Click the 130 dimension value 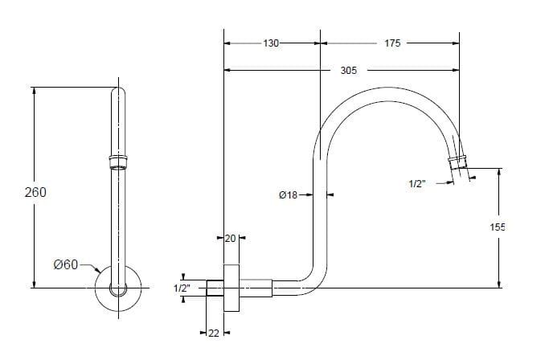[271, 43]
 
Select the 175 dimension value [392, 43]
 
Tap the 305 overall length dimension [349, 71]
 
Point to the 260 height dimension [35, 192]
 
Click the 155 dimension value [498, 227]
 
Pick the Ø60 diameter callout [66, 264]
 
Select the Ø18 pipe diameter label [288, 194]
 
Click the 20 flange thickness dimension [231, 239]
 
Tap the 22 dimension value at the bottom [214, 333]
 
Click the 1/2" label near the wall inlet [182, 288]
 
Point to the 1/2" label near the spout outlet [417, 183]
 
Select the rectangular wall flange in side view [231, 288]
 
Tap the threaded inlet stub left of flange [215, 288]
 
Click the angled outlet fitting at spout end [457, 162]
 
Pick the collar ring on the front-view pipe [118, 162]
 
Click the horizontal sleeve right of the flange [256, 288]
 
